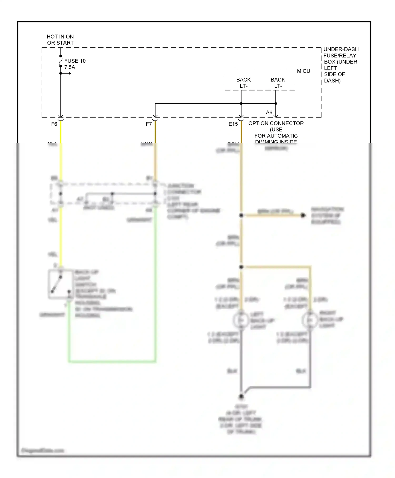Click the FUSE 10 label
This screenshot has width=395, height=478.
[x=75, y=61]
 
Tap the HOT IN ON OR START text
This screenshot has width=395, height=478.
[x=60, y=40]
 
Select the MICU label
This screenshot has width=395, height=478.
[x=303, y=71]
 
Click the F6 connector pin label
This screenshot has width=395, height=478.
[x=54, y=124]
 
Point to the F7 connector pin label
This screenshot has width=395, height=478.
[x=149, y=124]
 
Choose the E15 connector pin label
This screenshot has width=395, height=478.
[x=233, y=124]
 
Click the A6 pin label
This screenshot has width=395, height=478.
[x=269, y=113]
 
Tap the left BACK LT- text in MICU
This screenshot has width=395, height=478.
[x=243, y=83]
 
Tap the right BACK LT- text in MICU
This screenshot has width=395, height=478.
[x=278, y=83]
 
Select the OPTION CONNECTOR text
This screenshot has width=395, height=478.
[x=276, y=123]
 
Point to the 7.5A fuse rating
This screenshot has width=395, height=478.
[x=70, y=67]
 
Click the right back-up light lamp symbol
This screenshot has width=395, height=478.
[x=310, y=320]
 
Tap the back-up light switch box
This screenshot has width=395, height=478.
[x=61, y=284]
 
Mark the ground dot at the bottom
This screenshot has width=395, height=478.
[x=241, y=396]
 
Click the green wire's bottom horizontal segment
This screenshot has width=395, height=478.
[x=112, y=361]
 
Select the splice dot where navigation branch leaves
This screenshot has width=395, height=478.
[x=241, y=215]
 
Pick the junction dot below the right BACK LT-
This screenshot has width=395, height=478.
[x=276, y=104]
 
